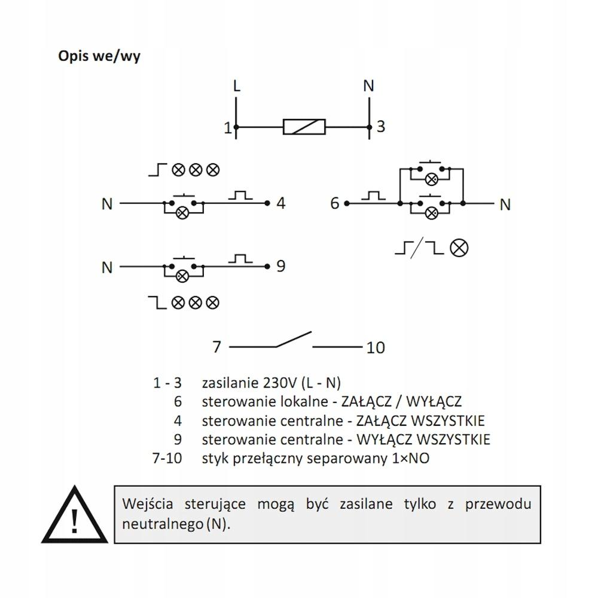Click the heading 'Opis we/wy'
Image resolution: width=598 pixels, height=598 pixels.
click(99, 56)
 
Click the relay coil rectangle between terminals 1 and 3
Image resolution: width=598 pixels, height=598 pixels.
click(304, 127)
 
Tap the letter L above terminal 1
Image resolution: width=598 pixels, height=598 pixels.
click(237, 86)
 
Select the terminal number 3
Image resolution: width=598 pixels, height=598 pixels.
click(380, 127)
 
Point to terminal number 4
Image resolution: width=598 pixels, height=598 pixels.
click(281, 203)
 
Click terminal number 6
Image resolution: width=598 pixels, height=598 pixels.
click(334, 203)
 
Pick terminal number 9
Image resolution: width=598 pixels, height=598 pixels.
click(280, 266)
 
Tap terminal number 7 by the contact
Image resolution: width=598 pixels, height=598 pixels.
click(216, 347)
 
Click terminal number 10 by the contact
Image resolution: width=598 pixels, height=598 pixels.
click(376, 347)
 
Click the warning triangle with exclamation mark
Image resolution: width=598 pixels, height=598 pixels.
click(75, 514)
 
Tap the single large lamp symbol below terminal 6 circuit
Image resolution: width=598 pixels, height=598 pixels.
click(459, 248)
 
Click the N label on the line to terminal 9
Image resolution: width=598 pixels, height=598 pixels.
click(107, 267)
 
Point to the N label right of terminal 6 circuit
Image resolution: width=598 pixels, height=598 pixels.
click(505, 205)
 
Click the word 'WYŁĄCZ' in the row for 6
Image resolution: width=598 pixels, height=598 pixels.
click(434, 401)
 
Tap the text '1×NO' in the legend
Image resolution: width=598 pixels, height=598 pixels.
click(411, 458)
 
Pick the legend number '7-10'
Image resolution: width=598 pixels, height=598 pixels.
click(167, 458)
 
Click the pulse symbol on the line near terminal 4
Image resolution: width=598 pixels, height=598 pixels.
click(240, 195)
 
